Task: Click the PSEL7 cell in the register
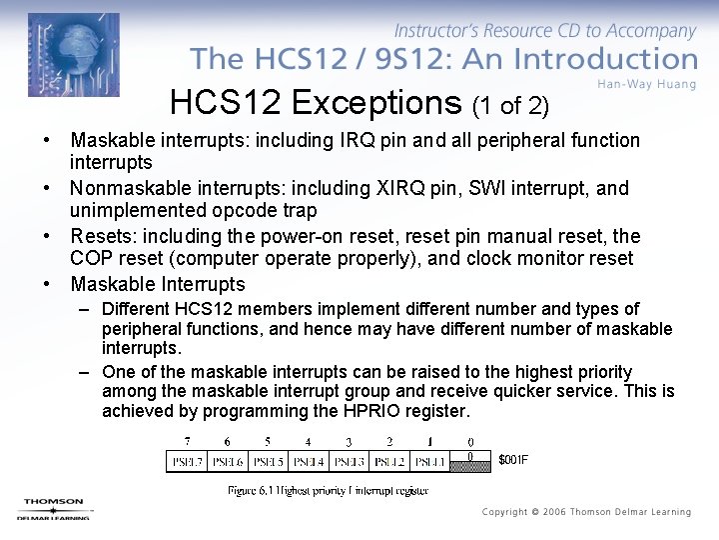point(186,461)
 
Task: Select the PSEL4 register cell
point(308,461)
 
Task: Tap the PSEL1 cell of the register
point(429,461)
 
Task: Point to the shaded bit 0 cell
point(470,461)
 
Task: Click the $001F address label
point(512,460)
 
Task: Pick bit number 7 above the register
point(187,442)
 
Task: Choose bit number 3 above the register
point(349,442)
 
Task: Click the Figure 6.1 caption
point(329,490)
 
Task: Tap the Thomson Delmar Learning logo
point(55,508)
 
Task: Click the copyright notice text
point(586,512)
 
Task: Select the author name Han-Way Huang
point(647,84)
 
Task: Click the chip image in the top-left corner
point(73,55)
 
